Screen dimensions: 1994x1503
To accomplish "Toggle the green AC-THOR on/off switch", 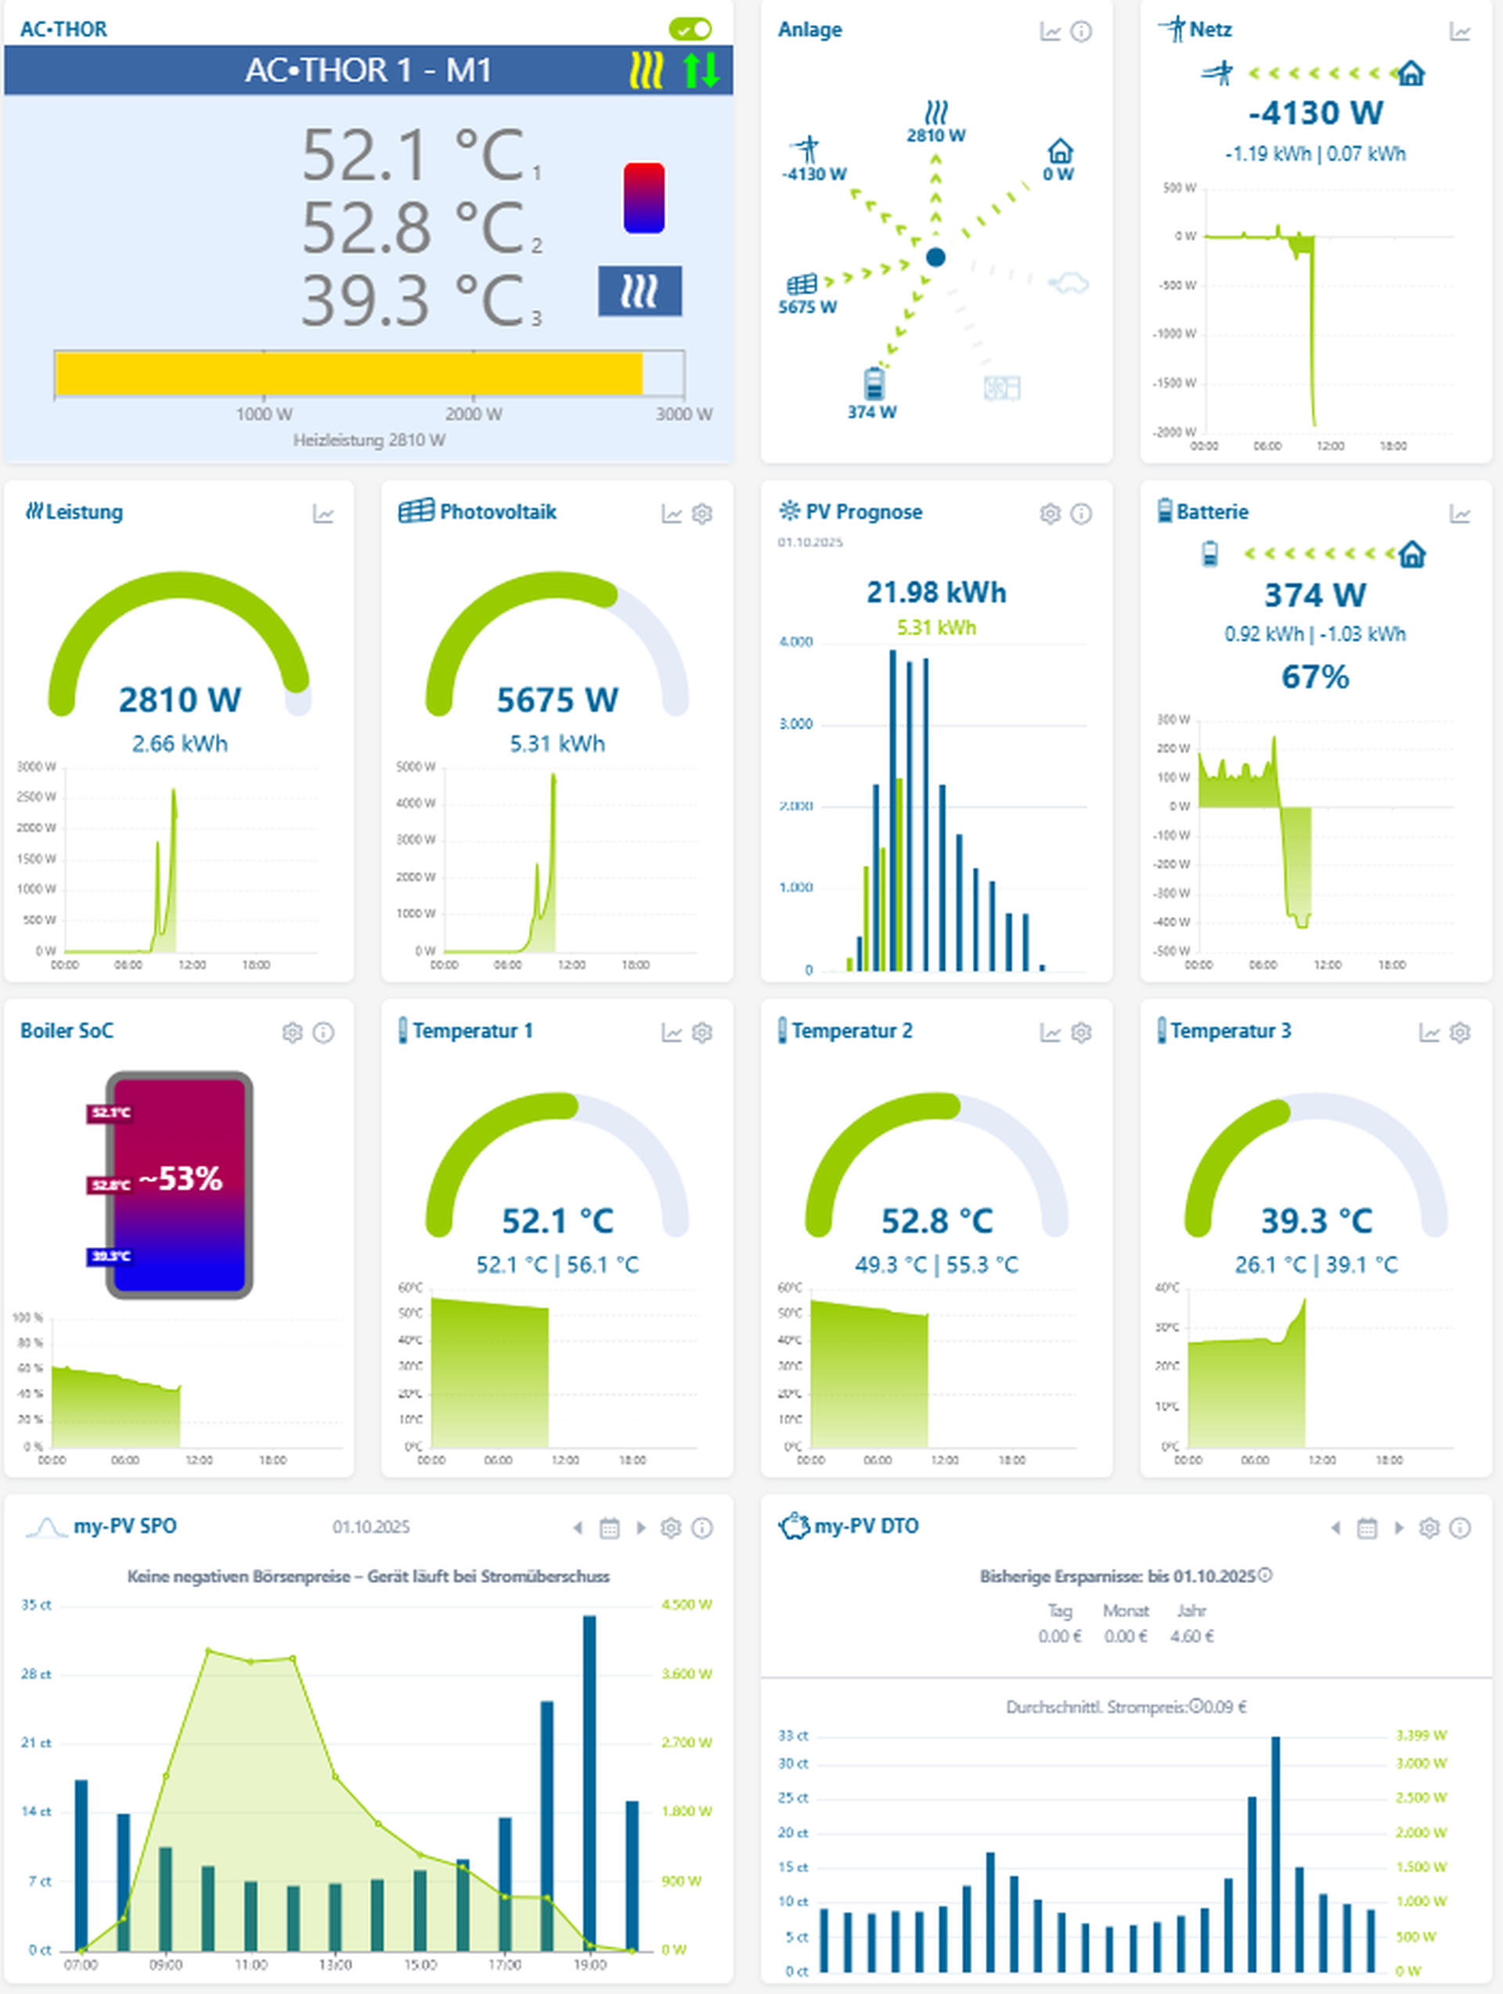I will [690, 29].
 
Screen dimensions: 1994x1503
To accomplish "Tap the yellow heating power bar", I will [349, 374].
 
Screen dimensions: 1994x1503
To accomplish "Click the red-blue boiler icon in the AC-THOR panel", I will [643, 197].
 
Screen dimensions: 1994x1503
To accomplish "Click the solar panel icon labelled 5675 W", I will [802, 285].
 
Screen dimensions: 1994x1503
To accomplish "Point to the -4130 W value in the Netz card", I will [1315, 114].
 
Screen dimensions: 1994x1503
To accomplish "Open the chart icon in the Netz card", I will [1460, 32].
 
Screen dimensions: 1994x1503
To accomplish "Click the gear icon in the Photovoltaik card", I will [701, 514].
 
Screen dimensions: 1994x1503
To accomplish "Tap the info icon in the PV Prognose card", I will [1081, 514].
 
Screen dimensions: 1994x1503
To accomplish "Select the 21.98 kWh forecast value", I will [936, 593].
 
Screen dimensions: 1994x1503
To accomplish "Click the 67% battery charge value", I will [1315, 677].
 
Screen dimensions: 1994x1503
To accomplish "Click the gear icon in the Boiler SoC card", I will [292, 1032].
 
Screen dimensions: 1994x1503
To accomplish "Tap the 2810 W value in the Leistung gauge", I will [179, 700].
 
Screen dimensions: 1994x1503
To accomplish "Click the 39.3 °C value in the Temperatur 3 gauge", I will [1315, 1221].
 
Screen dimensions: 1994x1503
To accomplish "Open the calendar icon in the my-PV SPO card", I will [610, 1528].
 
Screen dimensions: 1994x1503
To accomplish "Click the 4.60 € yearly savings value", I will [1191, 1636].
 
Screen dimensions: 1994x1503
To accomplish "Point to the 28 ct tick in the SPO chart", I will [36, 1674].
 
